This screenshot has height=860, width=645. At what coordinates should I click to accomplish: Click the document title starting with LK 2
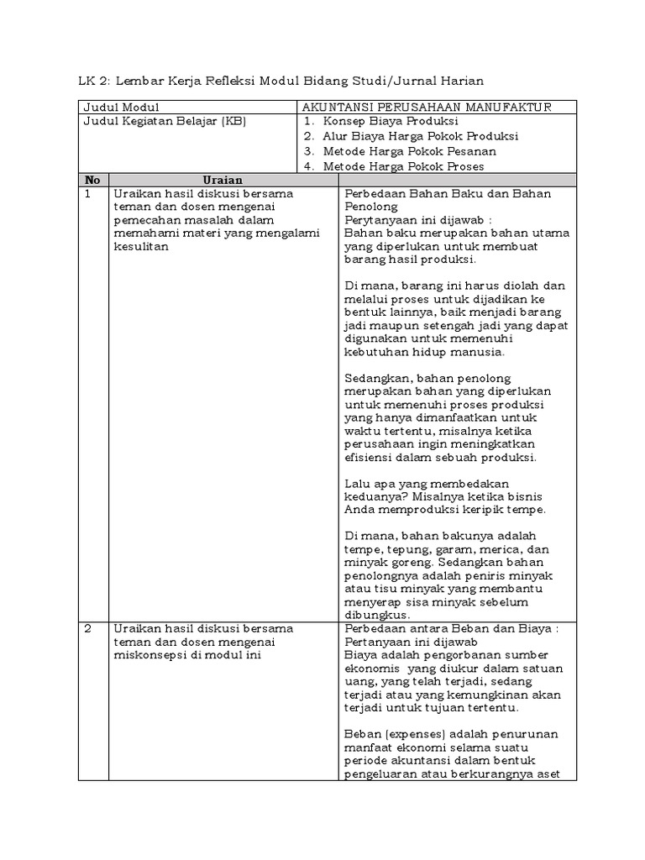pyautogui.click(x=281, y=80)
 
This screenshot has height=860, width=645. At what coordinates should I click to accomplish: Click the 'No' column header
pyautogui.click(x=92, y=180)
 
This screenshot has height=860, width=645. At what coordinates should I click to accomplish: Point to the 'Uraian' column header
pyautogui.click(x=223, y=180)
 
